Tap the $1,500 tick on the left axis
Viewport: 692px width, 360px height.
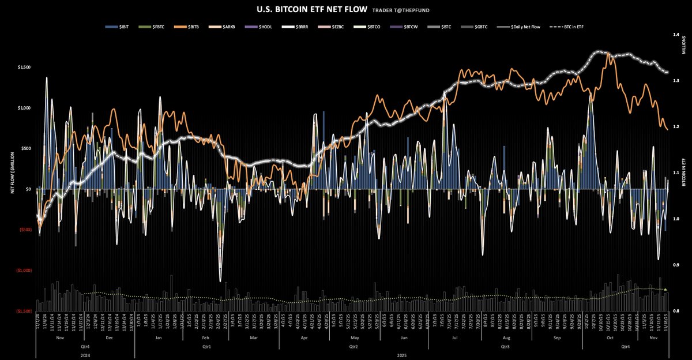[x=25, y=67]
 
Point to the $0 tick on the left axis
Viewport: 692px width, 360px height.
[x=28, y=189]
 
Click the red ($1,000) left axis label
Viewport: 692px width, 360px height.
[x=23, y=270]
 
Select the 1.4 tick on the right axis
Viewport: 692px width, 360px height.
[x=676, y=35]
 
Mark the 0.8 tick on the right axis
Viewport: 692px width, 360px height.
[x=676, y=311]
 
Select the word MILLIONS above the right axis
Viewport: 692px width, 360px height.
[x=683, y=51]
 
